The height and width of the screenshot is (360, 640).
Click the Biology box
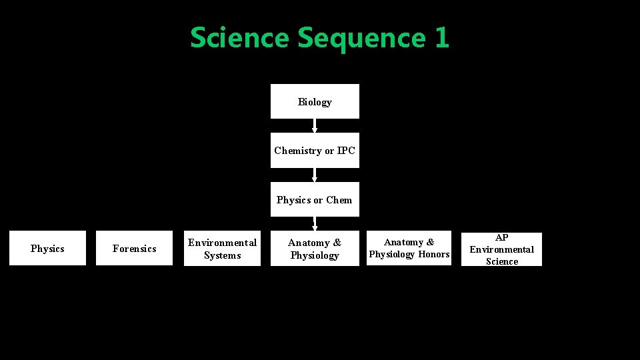tap(315, 101)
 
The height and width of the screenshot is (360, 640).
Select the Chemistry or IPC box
tap(315, 150)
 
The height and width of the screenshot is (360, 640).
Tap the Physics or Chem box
tap(315, 199)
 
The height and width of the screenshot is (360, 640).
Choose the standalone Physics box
tap(47, 248)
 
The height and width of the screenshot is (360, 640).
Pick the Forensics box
tap(134, 248)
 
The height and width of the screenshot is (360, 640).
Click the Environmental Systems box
tap(222, 248)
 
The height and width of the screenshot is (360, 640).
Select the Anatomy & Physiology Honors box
tap(409, 248)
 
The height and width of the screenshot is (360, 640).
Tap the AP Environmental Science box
tap(501, 249)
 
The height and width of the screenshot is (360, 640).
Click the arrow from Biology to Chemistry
tap(315, 126)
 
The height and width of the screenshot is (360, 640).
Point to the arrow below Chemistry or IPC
tap(315, 175)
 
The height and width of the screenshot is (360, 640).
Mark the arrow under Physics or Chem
tap(315, 224)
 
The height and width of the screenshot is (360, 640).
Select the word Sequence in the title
tap(361, 37)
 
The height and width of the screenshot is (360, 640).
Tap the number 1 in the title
tap(442, 37)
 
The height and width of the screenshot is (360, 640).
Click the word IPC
tap(346, 151)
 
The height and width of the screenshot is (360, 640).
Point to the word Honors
tap(434, 254)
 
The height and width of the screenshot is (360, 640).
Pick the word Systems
tap(222, 255)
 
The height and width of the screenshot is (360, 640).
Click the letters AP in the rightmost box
tap(502, 237)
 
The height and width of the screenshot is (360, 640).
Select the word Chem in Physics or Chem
tap(339, 200)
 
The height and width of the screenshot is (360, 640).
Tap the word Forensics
tap(134, 249)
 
